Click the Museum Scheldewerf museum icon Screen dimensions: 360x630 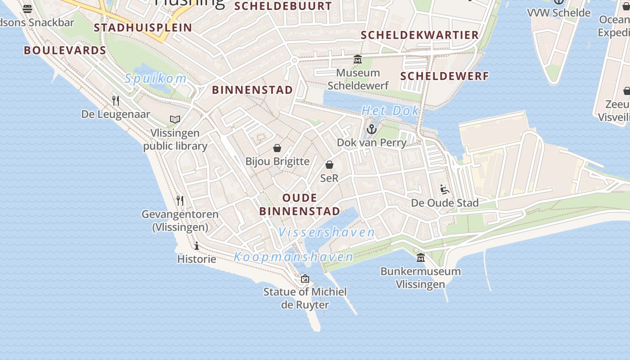[358, 59]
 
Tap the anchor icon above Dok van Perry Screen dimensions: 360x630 [371, 130]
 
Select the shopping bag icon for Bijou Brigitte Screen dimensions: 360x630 [277, 148]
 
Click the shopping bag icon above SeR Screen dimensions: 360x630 [329, 165]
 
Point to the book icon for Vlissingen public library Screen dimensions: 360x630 [175, 119]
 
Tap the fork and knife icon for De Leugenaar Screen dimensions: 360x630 [116, 100]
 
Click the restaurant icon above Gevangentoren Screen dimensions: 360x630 [180, 200]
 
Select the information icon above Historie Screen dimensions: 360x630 [197, 246]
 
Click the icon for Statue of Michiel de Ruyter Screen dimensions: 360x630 [305, 279]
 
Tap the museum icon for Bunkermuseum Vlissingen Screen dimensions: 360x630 [421, 257]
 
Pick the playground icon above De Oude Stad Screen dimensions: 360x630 [445, 189]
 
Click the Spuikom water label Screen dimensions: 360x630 [156, 79]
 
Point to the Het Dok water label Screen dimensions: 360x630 [390, 111]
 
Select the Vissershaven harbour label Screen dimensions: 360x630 [326, 233]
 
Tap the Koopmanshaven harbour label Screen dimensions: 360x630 [293, 257]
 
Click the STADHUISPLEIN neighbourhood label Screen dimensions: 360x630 [143, 27]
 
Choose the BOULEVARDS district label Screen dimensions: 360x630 [65, 50]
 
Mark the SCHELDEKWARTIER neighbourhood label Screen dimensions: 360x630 [420, 35]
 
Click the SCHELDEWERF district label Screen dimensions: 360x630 [444, 76]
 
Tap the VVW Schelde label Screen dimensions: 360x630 [559, 13]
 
